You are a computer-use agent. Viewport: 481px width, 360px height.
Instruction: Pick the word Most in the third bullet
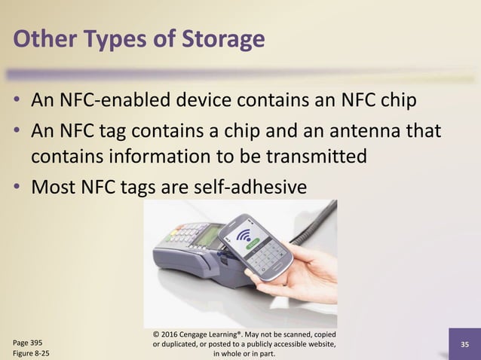(x=56, y=185)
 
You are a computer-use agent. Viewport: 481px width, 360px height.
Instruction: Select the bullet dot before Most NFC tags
(x=16, y=185)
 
